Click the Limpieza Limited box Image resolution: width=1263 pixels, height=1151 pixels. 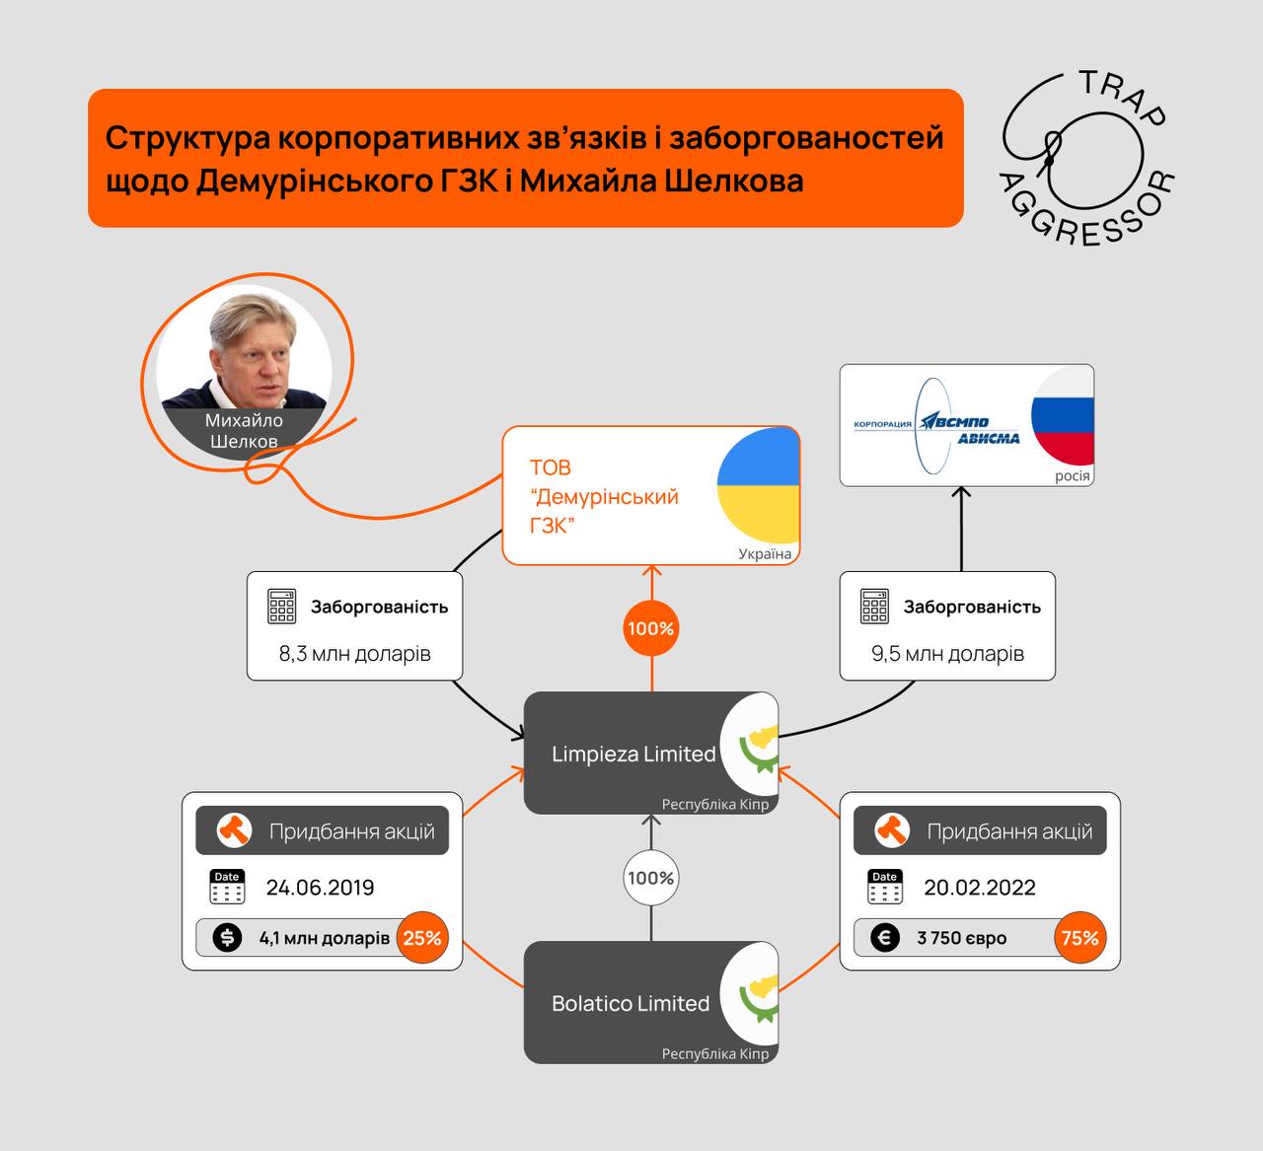point(633,754)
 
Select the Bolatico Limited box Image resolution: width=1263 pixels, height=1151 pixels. point(631,1003)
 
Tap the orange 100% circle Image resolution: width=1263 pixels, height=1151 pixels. point(651,628)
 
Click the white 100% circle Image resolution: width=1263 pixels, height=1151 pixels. point(651,878)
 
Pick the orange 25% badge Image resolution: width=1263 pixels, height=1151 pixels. point(422,938)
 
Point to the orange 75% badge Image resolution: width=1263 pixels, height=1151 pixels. point(1079,938)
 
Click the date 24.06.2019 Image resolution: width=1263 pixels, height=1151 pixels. point(320,888)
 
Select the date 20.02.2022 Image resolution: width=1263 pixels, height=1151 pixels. point(979,888)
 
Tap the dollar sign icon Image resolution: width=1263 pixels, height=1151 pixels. point(228,938)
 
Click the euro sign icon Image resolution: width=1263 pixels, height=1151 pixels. point(885,938)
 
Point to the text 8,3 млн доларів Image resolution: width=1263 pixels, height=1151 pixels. point(355,653)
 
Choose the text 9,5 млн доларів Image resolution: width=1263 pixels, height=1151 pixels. point(947,653)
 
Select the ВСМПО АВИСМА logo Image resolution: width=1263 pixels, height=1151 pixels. point(936,425)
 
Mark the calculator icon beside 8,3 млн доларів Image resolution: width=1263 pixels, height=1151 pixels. point(282,607)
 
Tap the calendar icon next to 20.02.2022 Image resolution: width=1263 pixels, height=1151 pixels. point(885,888)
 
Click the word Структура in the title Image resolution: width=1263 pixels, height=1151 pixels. point(187,138)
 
